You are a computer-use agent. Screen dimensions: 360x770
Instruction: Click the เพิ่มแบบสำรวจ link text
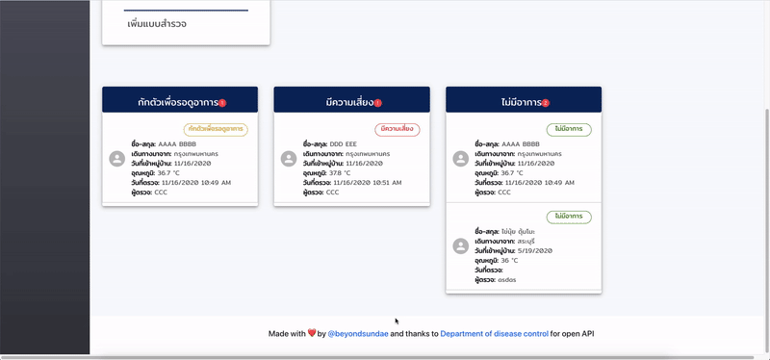pos(156,23)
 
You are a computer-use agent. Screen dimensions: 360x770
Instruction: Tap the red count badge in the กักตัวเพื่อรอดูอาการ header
pos(222,103)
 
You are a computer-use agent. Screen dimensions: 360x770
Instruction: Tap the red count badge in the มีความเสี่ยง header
pos(377,103)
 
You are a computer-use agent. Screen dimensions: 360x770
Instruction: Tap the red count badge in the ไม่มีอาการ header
pos(546,103)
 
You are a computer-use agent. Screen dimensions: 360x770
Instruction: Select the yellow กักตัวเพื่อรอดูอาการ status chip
pos(216,129)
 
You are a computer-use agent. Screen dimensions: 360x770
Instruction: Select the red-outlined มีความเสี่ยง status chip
pos(398,129)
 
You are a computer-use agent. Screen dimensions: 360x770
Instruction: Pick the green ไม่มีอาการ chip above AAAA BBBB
pos(569,129)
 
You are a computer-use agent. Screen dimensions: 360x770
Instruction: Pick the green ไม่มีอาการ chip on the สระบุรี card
pos(569,217)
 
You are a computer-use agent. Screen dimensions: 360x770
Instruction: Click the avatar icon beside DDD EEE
pos(289,159)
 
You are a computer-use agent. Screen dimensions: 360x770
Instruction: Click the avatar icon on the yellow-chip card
pos(117,159)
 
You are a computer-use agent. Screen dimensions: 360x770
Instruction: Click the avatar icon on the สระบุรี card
pos(460,245)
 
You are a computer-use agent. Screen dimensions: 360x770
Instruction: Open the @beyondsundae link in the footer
pos(358,333)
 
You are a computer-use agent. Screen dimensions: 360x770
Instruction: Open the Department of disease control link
pos(494,333)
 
